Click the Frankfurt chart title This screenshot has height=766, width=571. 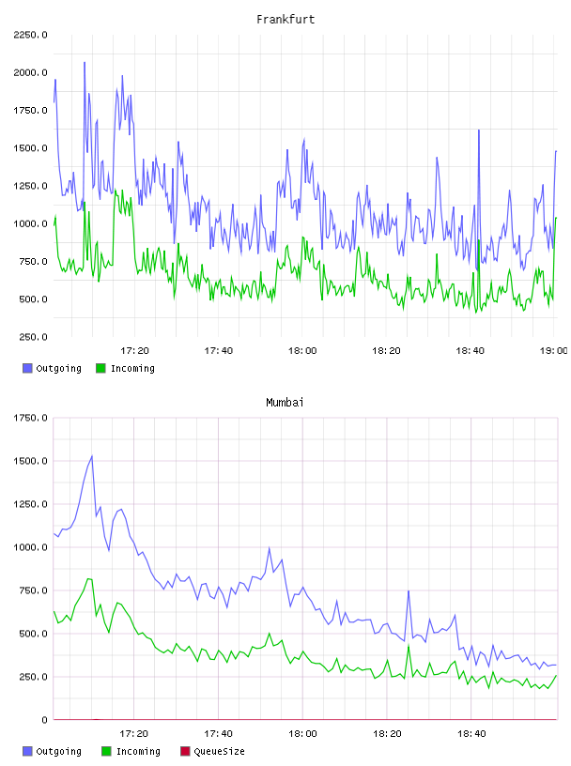click(x=285, y=20)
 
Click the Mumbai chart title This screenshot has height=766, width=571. click(x=285, y=403)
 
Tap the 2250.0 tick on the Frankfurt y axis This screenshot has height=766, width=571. click(x=30, y=35)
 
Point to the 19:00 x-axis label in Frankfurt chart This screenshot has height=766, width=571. click(x=553, y=351)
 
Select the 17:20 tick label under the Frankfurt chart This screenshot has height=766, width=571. click(x=134, y=351)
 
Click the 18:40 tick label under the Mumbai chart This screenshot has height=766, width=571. click(x=471, y=734)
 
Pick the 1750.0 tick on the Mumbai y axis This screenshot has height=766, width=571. click(x=30, y=418)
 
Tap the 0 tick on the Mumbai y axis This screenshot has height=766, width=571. click(x=44, y=720)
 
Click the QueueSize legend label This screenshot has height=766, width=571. click(x=219, y=751)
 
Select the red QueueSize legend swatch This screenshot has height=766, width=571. click(x=185, y=751)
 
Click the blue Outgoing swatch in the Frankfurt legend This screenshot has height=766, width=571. click(x=27, y=368)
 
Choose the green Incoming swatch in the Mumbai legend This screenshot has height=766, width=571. click(x=106, y=751)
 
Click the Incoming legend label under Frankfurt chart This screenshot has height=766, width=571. click(x=132, y=368)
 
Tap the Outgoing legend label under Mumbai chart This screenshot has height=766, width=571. click(x=58, y=751)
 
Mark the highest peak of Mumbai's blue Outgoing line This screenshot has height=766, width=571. click(x=92, y=456)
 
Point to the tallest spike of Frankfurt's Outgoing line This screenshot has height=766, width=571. click(x=85, y=63)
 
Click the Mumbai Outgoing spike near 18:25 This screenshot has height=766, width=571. click(x=409, y=591)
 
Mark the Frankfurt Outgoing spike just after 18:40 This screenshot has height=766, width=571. click(x=479, y=130)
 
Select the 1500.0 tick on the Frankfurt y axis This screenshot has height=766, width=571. click(x=30, y=148)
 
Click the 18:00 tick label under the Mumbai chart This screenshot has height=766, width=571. click(x=302, y=734)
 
